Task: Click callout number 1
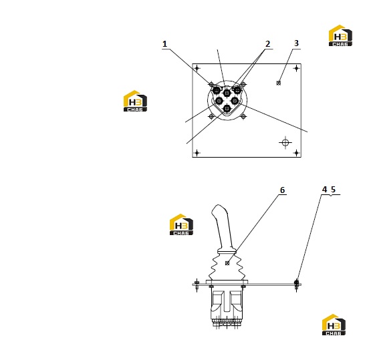pos(164,44)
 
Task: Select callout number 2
pos(267,44)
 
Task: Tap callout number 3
pos(296,43)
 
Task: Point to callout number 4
pos(324,190)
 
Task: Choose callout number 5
pos(333,190)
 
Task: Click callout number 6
pos(283,190)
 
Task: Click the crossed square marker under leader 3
pos(278,83)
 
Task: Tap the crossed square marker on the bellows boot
pos(227,263)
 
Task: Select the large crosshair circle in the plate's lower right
pos(285,143)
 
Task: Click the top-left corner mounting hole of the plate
pos(197,69)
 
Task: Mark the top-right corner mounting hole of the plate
pos(296,69)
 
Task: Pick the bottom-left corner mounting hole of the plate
pos(197,153)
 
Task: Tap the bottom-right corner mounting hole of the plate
pos(296,153)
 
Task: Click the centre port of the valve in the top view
pos(227,92)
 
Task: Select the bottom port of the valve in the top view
pos(227,109)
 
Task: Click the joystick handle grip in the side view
pos(223,227)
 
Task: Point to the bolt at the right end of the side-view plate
pos(297,284)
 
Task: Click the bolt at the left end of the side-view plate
pos(197,284)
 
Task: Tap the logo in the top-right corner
pos(340,35)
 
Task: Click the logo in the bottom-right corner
pos(334,325)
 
